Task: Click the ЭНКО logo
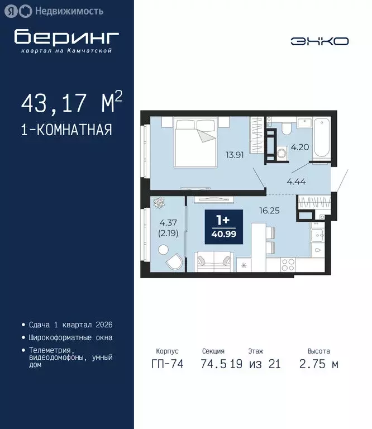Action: pyautogui.click(x=319, y=41)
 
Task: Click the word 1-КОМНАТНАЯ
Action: pyautogui.click(x=66, y=130)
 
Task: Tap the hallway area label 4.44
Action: pyautogui.click(x=297, y=180)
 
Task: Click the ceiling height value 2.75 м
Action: pyautogui.click(x=319, y=365)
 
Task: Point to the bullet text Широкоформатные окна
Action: pyautogui.click(x=70, y=338)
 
